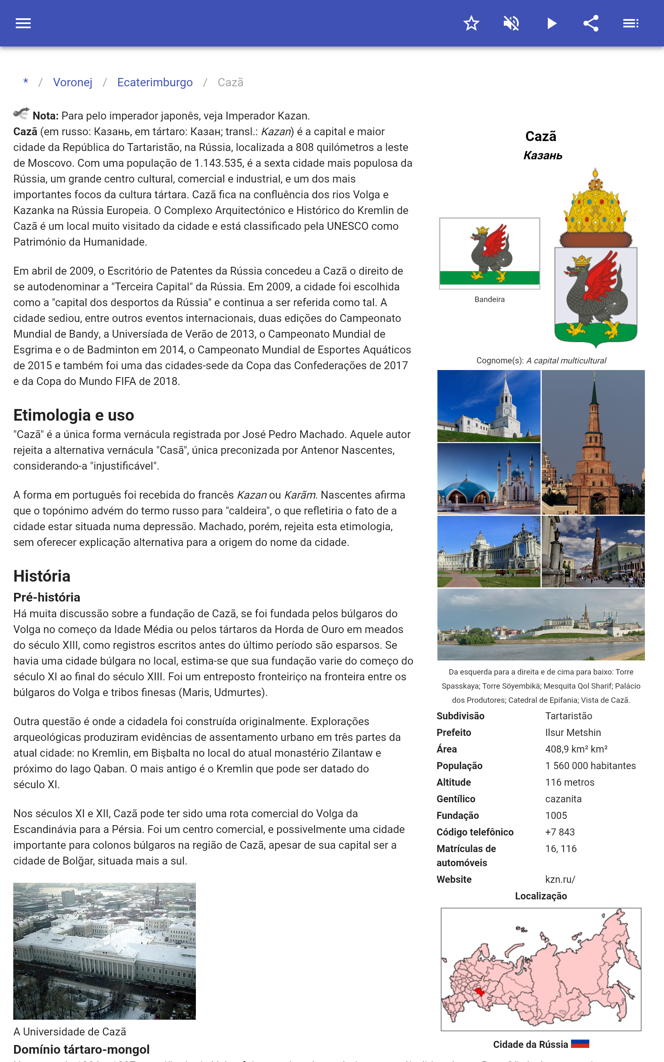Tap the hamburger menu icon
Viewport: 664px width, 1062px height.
tap(23, 23)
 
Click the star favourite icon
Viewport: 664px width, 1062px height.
tap(471, 23)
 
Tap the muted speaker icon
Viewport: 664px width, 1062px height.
tap(511, 23)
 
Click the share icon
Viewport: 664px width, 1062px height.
tap(591, 23)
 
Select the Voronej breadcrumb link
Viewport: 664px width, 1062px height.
tap(73, 83)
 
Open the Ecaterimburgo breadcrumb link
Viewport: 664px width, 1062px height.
tap(154, 83)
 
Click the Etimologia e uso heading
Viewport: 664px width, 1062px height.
tap(73, 415)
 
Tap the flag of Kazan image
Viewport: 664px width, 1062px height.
tap(489, 253)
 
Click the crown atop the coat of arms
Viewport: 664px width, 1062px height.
tap(595, 204)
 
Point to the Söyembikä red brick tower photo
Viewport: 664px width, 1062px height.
tap(593, 442)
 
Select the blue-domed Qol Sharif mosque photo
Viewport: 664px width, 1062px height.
tap(488, 479)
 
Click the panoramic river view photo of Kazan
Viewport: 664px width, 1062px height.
tap(541, 624)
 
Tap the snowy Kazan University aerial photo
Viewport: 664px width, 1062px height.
tap(105, 950)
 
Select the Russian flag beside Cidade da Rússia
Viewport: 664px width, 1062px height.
tap(580, 1044)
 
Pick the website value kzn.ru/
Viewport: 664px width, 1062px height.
tap(560, 879)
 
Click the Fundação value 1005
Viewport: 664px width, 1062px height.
tap(556, 815)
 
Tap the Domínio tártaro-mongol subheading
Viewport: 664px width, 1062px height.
tap(81, 1049)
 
